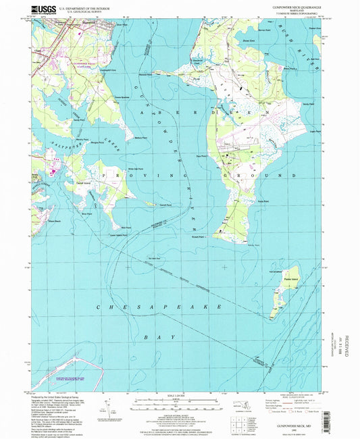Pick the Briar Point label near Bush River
click(290, 68)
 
